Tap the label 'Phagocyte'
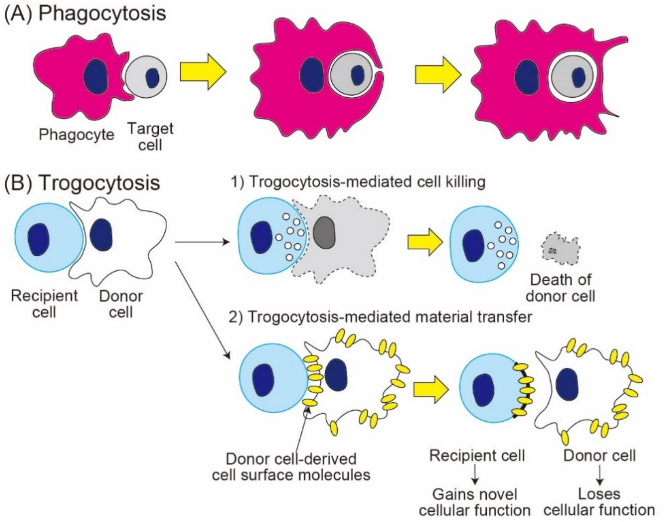(76, 134)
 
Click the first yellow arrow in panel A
(203, 72)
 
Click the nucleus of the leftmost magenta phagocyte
(96, 76)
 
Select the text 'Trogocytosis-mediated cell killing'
(366, 182)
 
